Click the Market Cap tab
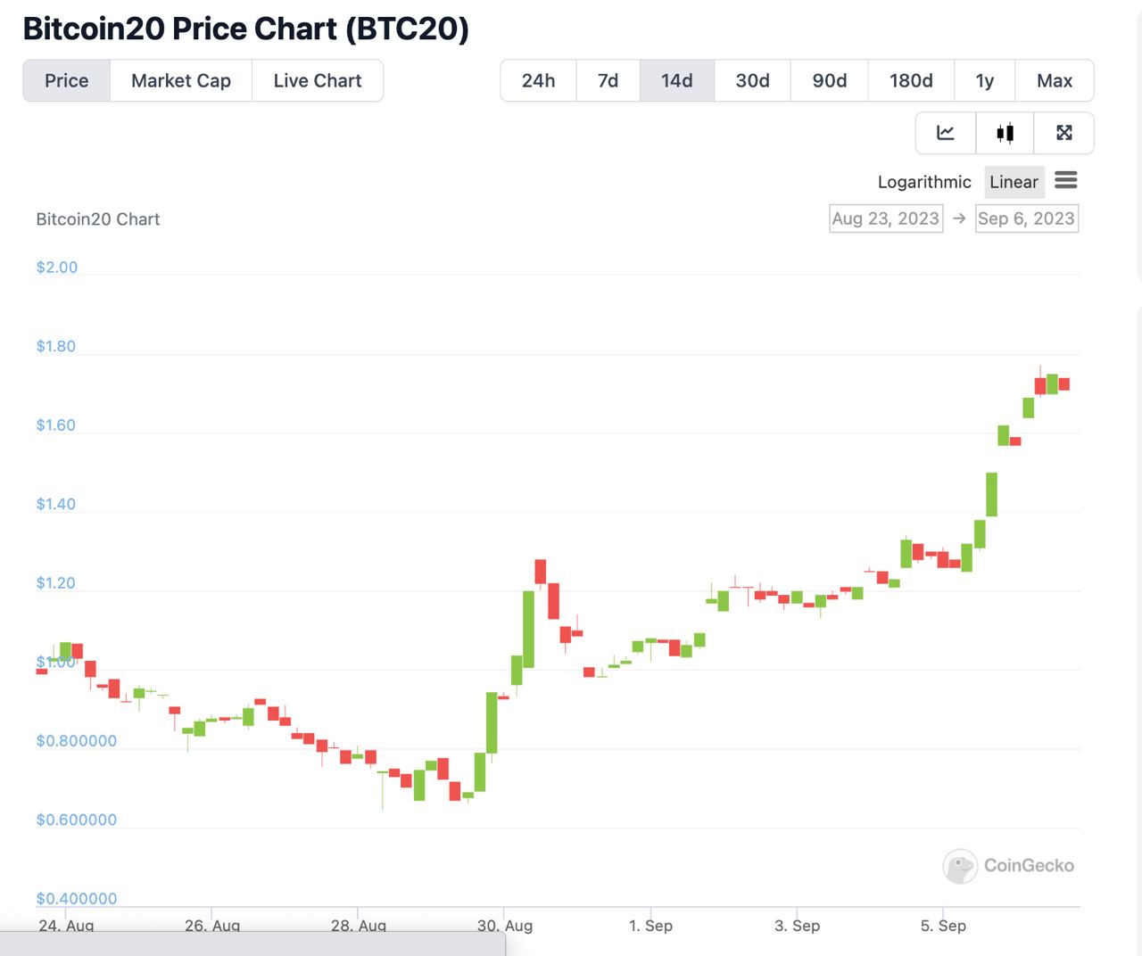pos(181,81)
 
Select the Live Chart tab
pos(318,81)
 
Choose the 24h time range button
pos(538,81)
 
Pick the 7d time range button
pos(608,81)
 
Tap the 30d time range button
pos(752,81)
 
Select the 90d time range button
pos(829,81)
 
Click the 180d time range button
pos(911,81)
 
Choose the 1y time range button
pos(984,81)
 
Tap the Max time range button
pos(1055,81)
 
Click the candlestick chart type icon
pos(1005,133)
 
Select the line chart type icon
pos(946,133)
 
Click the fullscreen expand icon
pos(1063,133)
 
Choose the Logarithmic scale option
pos(924,182)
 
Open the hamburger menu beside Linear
pos(1066,181)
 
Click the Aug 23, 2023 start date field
pos(886,218)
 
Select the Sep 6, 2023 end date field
pos(1026,218)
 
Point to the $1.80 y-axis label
pos(56,346)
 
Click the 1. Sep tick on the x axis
pos(650,925)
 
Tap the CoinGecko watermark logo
pos(960,866)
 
